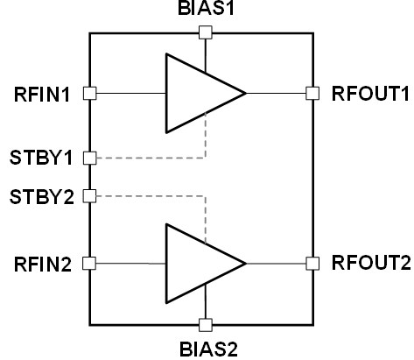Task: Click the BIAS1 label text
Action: coord(206,8)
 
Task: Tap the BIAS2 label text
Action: coord(208,349)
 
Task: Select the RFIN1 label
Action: coord(42,95)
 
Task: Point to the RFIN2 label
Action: coord(43,265)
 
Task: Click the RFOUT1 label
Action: coord(370,94)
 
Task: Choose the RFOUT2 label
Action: coord(371,263)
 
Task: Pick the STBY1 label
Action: coord(41,158)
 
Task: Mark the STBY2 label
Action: coord(42,197)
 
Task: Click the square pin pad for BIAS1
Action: coord(206,32)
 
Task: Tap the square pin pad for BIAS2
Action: coord(206,325)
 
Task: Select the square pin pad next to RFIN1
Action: coord(90,94)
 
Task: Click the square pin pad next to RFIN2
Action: coord(89,264)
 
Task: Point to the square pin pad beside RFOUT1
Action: coord(312,94)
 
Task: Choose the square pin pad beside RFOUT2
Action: coord(312,264)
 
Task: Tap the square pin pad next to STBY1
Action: coord(90,158)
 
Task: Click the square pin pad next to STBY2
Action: coord(89,196)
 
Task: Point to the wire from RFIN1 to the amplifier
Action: coord(131,94)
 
